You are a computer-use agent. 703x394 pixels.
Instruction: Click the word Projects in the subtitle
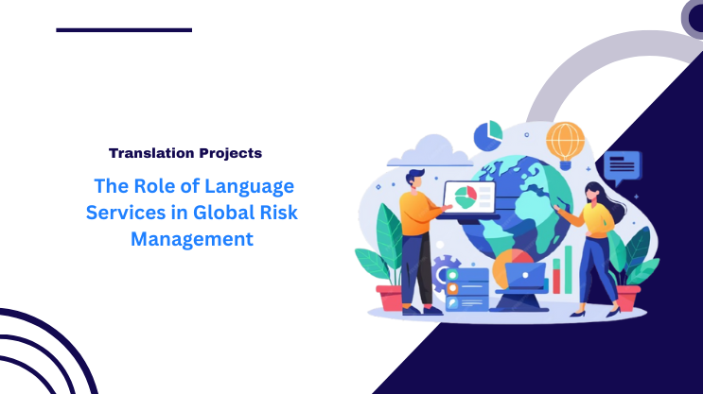click(230, 152)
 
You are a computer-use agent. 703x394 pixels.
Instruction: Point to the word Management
click(192, 239)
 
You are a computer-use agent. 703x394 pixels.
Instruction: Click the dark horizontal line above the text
click(124, 29)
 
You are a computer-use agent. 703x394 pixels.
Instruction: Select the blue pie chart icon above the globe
click(488, 135)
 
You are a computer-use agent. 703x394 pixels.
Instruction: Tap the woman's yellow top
click(597, 218)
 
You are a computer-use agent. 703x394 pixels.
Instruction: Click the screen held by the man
click(469, 197)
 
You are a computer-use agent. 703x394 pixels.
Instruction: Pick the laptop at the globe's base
click(525, 276)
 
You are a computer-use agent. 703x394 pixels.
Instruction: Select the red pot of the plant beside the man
click(390, 298)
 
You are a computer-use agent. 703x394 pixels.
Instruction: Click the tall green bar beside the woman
click(569, 264)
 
